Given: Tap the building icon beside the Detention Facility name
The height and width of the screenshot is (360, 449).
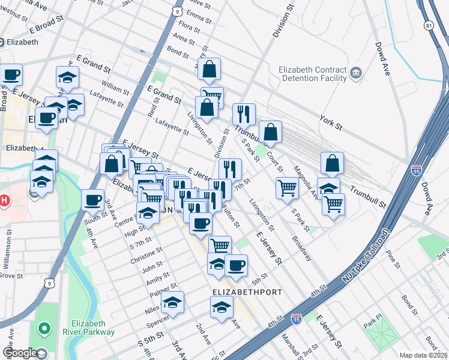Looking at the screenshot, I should point(356,73).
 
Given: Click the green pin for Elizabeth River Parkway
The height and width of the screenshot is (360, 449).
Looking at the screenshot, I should point(43,329).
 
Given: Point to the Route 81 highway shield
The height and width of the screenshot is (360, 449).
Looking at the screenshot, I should point(428,26).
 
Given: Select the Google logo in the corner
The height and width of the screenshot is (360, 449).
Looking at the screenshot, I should point(20,353).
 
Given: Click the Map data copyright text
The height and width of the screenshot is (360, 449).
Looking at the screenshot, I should point(424,355).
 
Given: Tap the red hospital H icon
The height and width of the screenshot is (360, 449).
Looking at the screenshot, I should point(5,200).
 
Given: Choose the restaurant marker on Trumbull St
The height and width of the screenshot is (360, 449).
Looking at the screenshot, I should point(244,114).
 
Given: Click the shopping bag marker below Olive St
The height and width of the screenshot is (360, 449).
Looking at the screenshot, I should point(209,70).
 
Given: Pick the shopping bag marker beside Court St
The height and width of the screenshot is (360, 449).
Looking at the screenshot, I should point(271,132).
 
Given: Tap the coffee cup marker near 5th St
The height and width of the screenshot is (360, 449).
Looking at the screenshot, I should point(237,265).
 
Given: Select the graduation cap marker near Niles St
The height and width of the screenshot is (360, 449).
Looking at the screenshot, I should point(173,303).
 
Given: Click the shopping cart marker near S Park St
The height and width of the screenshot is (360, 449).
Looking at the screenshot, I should point(288,188).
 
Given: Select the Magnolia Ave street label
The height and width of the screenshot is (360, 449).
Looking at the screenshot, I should point(305,182).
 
